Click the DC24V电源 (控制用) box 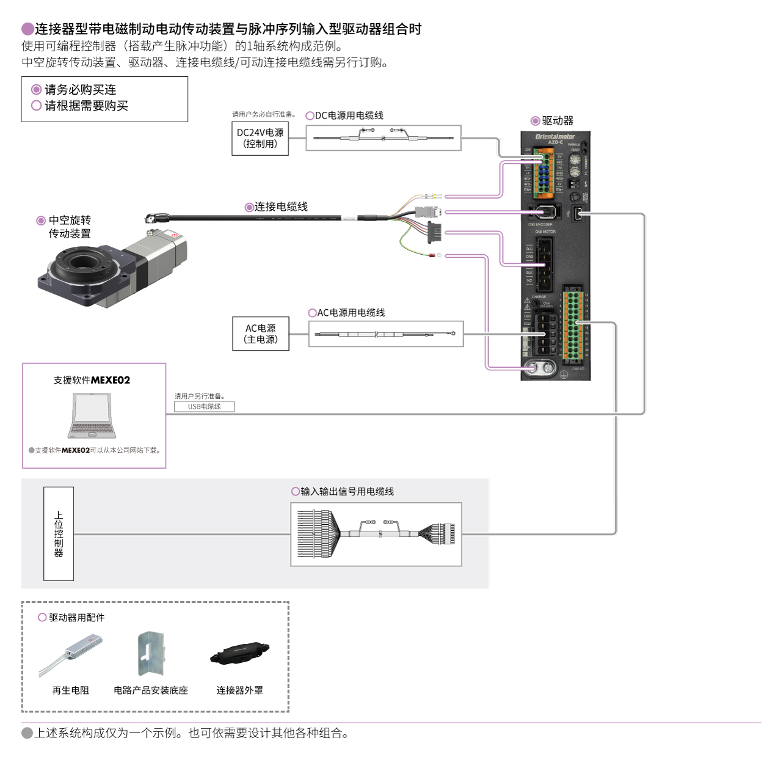260,138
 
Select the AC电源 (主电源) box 261,334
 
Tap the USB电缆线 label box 204,406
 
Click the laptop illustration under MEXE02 92,416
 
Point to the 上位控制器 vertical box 59,533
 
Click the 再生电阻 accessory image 71,654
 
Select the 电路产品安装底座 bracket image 151,654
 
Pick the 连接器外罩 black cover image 239,653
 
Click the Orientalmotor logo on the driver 554,136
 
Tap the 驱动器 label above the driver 557,121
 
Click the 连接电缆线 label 280,206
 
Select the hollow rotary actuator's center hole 81,263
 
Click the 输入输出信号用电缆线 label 347,491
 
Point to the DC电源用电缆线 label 349,115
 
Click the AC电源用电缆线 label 351,313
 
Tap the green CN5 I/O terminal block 572,325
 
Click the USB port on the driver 578,213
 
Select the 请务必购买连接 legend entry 79,90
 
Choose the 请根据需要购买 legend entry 85,106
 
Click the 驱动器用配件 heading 76,618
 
